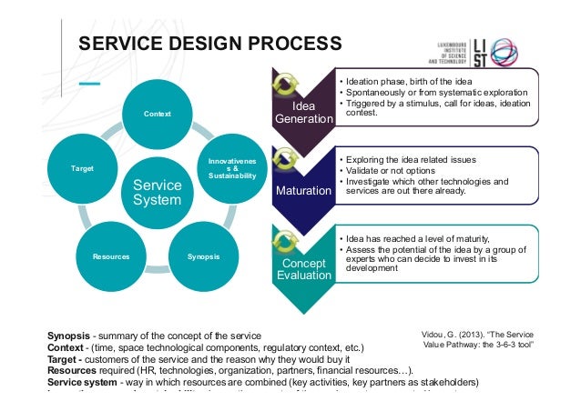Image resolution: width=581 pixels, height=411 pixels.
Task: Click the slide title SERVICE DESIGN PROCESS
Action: [x=209, y=43]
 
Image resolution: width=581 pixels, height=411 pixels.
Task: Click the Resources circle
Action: [x=111, y=256]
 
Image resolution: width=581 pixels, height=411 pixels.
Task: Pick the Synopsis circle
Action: [x=202, y=256]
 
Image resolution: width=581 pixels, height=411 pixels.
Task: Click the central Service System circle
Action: [x=158, y=190]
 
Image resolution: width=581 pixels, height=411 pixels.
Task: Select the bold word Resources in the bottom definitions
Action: [x=74, y=370]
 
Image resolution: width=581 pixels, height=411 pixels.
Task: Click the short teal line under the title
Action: [x=88, y=84]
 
